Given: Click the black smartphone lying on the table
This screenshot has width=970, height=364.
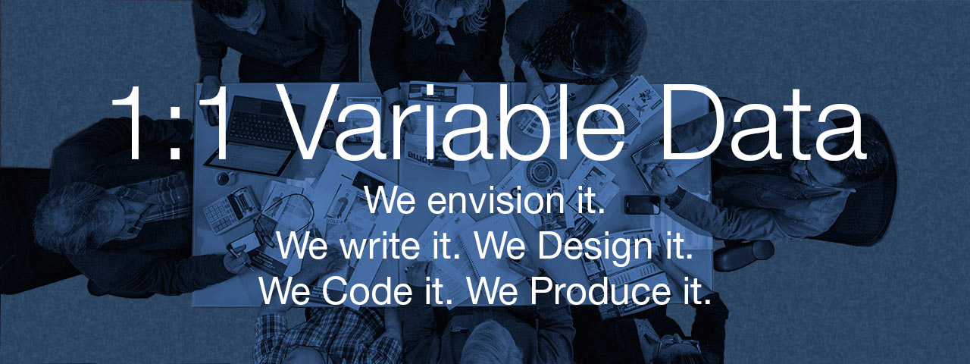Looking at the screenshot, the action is click(x=642, y=205).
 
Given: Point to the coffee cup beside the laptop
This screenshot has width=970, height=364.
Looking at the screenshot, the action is click(x=226, y=177).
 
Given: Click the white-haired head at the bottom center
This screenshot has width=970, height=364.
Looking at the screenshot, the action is click(x=489, y=344).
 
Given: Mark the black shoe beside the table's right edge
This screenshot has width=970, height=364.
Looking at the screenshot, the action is click(x=743, y=256).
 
